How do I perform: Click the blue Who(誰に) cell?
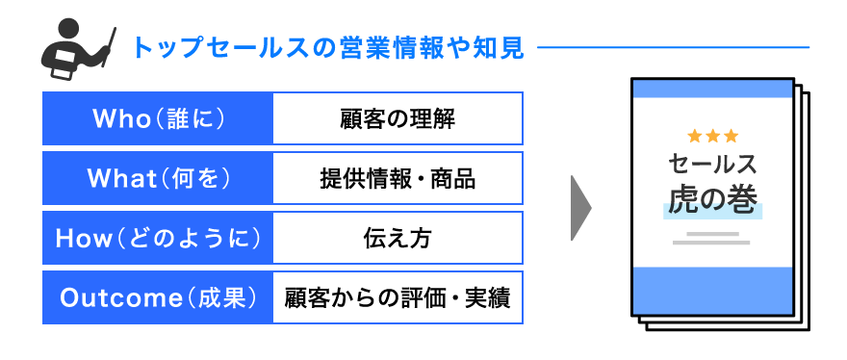[158, 118]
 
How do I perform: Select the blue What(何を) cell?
[158, 178]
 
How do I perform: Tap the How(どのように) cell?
[158, 238]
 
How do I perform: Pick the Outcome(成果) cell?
[158, 297]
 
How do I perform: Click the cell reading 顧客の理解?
[398, 118]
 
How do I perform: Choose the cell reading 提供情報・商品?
[398, 178]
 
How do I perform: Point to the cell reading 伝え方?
[398, 238]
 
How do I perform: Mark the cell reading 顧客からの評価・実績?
[398, 297]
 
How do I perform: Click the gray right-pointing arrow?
[579, 208]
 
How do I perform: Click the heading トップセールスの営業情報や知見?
[327, 47]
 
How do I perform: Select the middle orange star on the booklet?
[713, 136]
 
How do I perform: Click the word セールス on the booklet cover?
[713, 164]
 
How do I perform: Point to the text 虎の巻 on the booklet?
[713, 199]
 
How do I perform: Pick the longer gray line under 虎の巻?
[712, 243]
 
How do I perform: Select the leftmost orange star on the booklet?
[696, 136]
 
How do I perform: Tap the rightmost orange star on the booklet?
[731, 136]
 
